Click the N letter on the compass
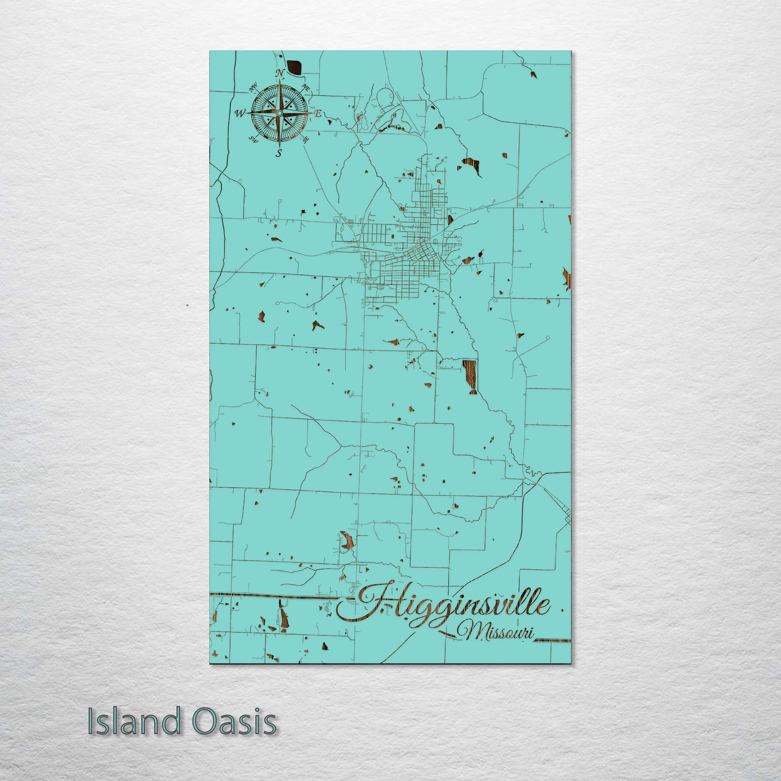tap(280, 72)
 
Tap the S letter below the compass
tap(279, 153)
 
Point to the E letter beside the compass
tap(318, 114)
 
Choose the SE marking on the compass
tap(306, 140)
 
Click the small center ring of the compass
tap(280, 113)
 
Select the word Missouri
tap(499, 633)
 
